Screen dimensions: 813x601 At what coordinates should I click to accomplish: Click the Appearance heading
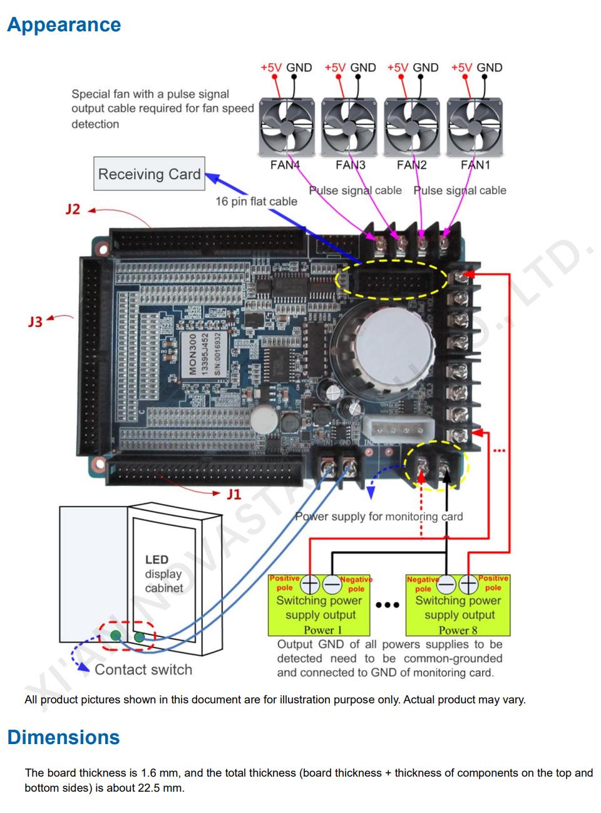point(64,25)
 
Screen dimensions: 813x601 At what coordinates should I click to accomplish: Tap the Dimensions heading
point(63,737)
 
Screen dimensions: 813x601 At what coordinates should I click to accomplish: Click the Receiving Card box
point(149,173)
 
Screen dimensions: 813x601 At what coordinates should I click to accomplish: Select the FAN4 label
point(285,165)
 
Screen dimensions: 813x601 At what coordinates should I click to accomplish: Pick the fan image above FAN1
point(476,125)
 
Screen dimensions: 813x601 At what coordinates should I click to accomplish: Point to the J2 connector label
point(73,209)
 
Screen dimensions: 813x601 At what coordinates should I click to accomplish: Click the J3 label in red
point(36,322)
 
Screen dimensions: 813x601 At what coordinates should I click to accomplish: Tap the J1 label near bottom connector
point(234,494)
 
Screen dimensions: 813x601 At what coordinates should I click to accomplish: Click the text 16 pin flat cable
point(256,201)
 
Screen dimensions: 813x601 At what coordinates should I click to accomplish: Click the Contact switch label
point(143,670)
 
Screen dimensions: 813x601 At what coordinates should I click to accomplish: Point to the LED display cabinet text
point(163,574)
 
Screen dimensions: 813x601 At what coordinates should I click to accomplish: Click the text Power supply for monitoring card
point(379,516)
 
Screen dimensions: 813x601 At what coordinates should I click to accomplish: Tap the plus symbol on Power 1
point(310,584)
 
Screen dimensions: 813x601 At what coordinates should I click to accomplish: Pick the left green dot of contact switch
point(115,636)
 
